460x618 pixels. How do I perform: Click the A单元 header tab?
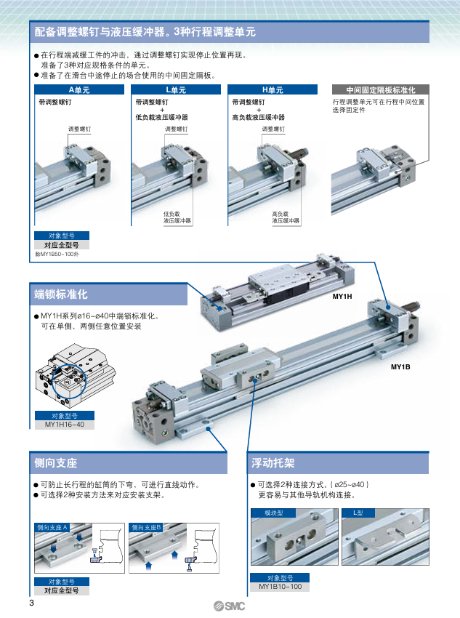point(79,90)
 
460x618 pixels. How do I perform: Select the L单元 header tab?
point(176,90)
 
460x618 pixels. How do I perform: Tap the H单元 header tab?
point(273,90)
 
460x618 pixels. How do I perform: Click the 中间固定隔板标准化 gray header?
point(381,90)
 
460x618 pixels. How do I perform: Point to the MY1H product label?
point(342,297)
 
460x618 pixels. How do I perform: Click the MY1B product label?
point(400,367)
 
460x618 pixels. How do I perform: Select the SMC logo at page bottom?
point(229,606)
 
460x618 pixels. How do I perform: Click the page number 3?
point(31,603)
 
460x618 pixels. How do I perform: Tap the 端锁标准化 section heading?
point(61,294)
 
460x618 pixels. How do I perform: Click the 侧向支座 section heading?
point(55,463)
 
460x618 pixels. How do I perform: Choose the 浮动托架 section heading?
point(273,463)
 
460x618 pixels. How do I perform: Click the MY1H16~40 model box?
point(65,425)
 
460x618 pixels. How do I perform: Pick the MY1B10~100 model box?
point(280,587)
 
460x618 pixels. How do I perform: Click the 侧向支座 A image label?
point(52,527)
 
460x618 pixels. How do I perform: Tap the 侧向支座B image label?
point(146,527)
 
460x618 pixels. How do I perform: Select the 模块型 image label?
point(274,513)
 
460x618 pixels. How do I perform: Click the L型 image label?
point(358,513)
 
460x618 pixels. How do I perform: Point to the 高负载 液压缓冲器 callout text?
point(286,217)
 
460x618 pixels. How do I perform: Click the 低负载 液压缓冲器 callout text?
point(177,217)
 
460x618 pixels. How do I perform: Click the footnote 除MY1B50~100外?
point(57,254)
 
